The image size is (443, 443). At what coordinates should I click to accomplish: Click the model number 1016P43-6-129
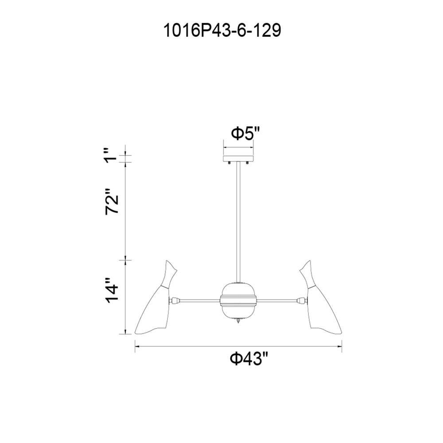pos(222,31)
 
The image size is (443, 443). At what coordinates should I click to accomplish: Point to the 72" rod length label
pos(112,201)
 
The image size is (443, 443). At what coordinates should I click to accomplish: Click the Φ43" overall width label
pos(249,359)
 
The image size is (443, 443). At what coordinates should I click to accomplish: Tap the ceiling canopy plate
pos(238,158)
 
